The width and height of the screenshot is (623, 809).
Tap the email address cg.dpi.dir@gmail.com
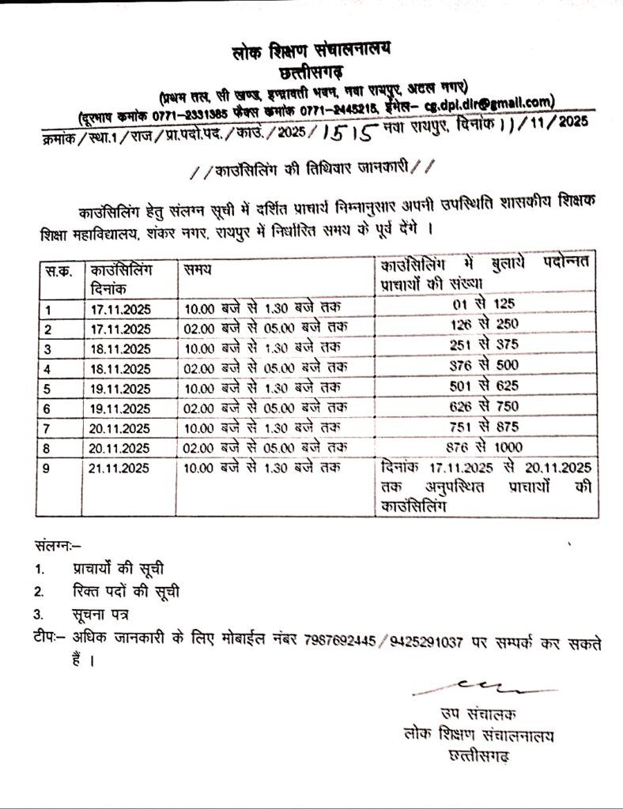click(x=486, y=102)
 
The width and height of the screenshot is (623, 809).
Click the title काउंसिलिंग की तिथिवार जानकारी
click(x=311, y=167)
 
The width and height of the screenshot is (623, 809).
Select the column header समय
click(x=198, y=270)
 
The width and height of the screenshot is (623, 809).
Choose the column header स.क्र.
click(x=57, y=270)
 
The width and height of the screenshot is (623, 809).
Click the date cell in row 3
click(x=120, y=348)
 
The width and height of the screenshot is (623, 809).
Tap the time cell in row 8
click(x=265, y=448)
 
